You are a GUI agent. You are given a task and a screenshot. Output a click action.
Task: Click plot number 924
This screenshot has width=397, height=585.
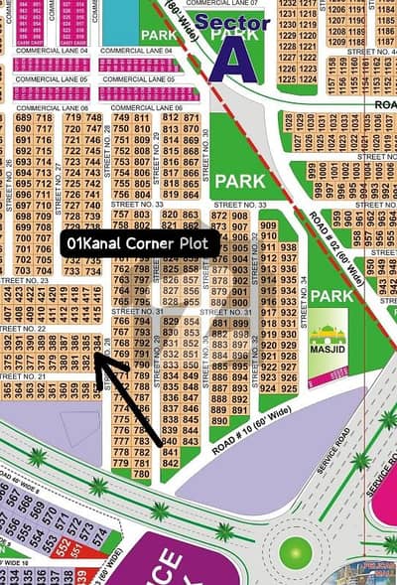[267, 388]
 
